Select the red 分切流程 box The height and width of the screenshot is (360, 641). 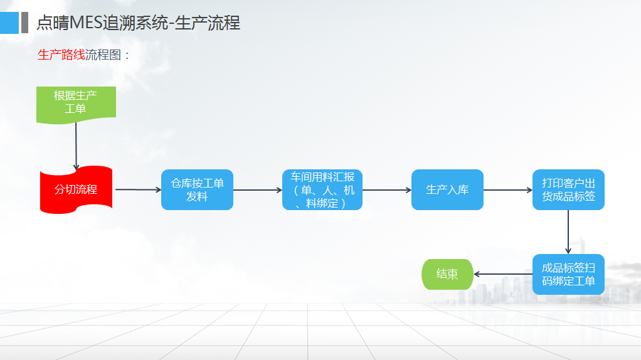click(76, 189)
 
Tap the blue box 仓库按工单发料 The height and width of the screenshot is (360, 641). click(197, 189)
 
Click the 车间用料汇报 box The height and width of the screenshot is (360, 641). click(322, 189)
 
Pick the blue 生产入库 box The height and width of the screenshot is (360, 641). click(447, 189)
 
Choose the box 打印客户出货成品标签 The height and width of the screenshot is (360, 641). click(568, 189)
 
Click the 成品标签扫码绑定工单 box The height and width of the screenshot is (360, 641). click(568, 274)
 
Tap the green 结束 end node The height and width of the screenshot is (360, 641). click(447, 274)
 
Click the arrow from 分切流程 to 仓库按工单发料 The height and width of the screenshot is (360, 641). click(138, 189)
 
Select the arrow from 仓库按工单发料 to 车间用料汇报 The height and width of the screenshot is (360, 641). click(258, 189)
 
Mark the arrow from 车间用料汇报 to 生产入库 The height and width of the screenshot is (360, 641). click(386, 189)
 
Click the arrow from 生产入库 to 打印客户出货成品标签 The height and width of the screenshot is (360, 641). click(507, 189)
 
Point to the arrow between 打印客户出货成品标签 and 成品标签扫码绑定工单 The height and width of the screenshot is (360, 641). click(568, 231)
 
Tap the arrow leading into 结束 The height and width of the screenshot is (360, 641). click(502, 274)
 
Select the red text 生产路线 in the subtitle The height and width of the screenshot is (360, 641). click(61, 55)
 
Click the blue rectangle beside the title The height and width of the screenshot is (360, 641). click(9, 23)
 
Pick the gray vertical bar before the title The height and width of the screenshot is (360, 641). click(24, 23)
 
